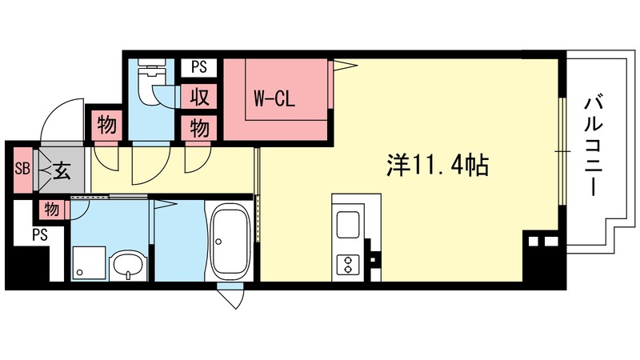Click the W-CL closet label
(x=275, y=100)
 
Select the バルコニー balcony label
(x=592, y=146)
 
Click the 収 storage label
(x=200, y=98)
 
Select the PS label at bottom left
(x=40, y=235)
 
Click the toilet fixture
(x=149, y=84)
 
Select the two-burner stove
(x=350, y=262)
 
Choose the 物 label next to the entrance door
(x=105, y=125)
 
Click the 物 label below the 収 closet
(x=200, y=127)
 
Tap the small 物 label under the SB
(x=51, y=210)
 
